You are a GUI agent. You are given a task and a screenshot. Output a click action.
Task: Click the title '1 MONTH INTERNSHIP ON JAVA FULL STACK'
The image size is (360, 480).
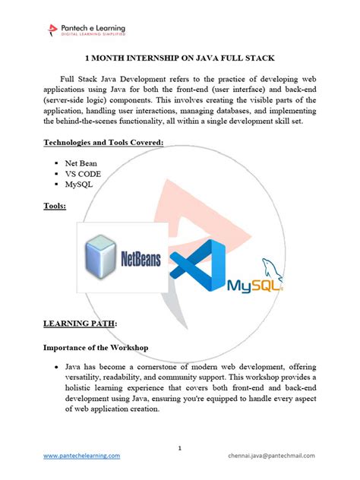coord(179,58)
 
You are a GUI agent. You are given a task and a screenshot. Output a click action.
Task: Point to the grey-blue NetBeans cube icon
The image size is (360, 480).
coord(103,258)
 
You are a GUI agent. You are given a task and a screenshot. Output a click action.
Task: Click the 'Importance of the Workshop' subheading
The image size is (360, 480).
coord(95,347)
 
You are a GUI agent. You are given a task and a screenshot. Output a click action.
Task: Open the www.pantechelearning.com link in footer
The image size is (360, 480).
coord(81,456)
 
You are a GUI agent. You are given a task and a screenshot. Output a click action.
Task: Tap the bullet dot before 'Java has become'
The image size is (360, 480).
coord(58,367)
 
